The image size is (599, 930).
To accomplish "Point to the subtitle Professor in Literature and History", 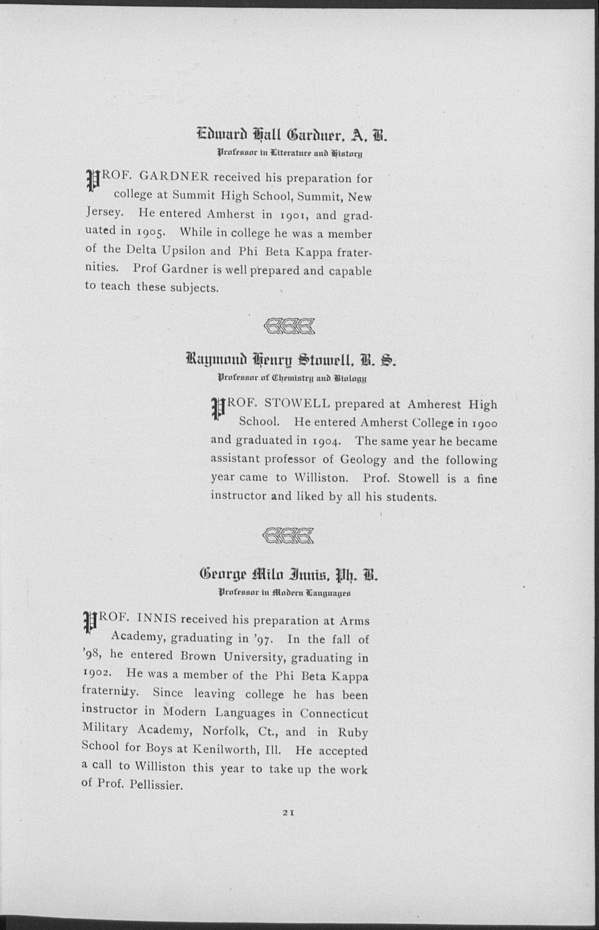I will tap(290, 154).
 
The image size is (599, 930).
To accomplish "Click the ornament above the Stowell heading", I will tap(289, 327).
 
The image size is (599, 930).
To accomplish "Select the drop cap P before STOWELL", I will tap(218, 408).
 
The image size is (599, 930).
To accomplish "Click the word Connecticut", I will tap(333, 714).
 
